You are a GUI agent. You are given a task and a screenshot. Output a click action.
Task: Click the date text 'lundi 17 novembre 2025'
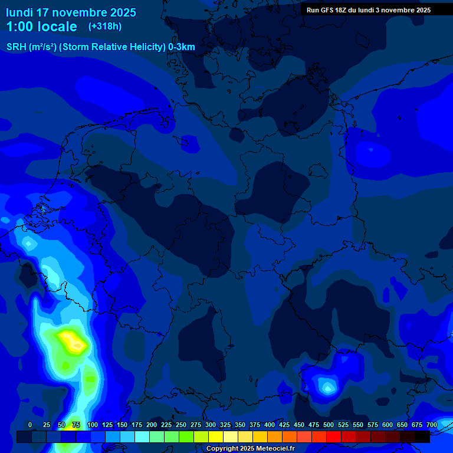[x=71, y=12]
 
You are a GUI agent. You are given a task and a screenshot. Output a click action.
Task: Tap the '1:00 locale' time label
[x=41, y=27]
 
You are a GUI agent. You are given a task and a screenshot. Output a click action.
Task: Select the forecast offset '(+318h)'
[x=105, y=27]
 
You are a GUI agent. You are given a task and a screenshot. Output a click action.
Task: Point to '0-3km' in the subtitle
[x=182, y=47]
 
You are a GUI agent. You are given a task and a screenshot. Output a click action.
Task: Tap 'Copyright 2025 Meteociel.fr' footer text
[x=250, y=448]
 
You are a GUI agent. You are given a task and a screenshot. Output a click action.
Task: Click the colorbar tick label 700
[x=431, y=425]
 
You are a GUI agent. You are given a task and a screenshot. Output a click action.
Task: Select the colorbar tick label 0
[x=30, y=425]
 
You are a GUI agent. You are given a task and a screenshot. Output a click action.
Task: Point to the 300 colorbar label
[x=211, y=425]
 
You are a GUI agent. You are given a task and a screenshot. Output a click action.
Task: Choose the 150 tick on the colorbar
[x=122, y=425]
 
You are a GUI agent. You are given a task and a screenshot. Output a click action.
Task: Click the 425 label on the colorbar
[x=284, y=425]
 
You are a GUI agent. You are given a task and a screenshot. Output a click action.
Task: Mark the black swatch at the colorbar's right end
[x=422, y=436]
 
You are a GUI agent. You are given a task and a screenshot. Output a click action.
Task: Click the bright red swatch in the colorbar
[x=334, y=436]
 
